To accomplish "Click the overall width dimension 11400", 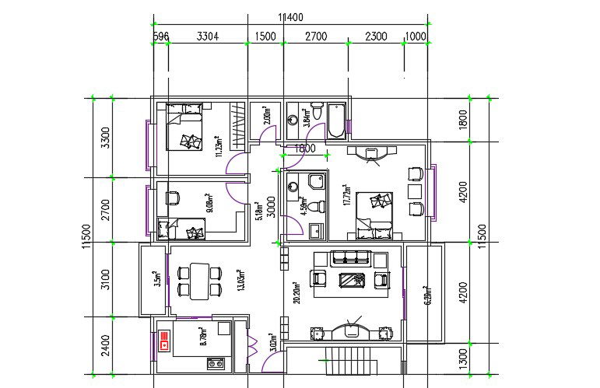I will [289, 17].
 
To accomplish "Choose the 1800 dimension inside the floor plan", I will [303, 149].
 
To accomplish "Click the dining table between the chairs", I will [196, 281].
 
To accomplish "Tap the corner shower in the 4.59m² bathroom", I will [316, 181].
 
